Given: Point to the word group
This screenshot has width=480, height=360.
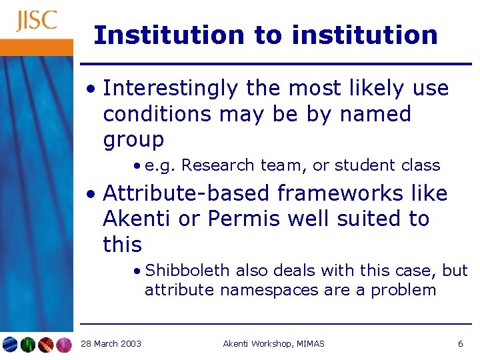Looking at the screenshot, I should point(133,140).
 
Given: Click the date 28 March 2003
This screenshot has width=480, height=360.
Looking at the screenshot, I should point(111,344).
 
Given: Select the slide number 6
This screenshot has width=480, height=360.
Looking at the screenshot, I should point(460,344).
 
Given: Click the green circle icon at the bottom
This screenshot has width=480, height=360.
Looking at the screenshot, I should point(28,345).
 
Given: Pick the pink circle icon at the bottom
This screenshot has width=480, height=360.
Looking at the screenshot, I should point(64,345).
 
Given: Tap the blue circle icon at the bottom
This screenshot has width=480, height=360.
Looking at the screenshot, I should point(10,345).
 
